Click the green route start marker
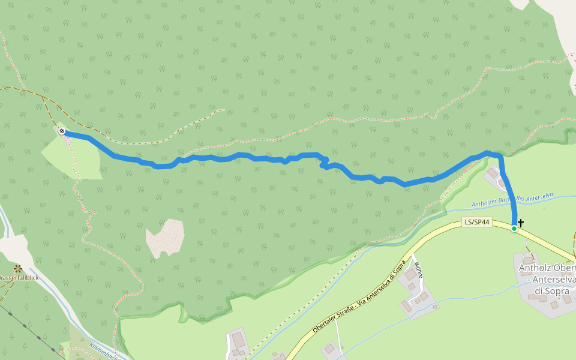[514, 229]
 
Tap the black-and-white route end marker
[62, 131]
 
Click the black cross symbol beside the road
[521, 223]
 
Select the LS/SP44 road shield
[478, 223]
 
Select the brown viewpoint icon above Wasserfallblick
[18, 268]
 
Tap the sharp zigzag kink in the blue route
[323, 163]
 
